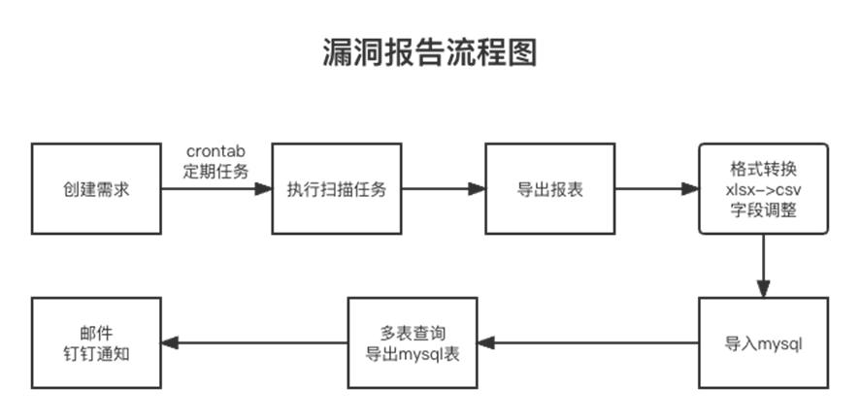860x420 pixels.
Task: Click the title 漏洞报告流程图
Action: pos(429,53)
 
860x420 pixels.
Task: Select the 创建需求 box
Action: pos(95,189)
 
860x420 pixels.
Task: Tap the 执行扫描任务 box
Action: pos(336,189)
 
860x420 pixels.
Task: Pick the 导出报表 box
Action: pos(549,189)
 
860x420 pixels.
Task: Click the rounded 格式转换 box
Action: pos(763,189)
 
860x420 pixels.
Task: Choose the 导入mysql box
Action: pos(763,343)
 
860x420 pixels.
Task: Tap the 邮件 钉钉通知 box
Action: pos(95,343)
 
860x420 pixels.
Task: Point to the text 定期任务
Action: pos(216,171)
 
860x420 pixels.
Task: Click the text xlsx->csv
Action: pos(763,189)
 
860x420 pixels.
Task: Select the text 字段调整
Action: pos(763,208)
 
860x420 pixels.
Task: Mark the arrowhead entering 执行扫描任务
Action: pos(263,189)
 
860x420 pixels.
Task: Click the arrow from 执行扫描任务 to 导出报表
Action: pos(443,189)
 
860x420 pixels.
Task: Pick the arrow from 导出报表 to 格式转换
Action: pos(656,189)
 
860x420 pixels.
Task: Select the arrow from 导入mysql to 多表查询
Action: pos(587,342)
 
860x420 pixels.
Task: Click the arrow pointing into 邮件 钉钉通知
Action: pos(252,342)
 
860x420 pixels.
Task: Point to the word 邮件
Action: pos(95,333)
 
